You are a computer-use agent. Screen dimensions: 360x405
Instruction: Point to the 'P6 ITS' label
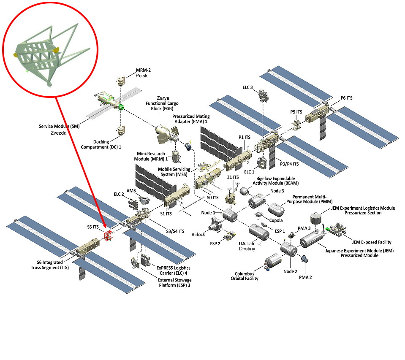346,98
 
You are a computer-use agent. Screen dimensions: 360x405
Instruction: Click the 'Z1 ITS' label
233,177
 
